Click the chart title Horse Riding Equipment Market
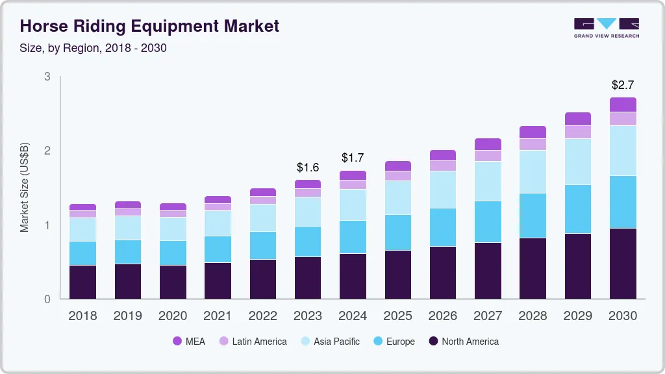149,26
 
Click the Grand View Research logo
606,28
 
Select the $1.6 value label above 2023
307,167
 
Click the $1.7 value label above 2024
353,158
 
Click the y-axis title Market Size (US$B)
25,187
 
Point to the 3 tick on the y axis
47,77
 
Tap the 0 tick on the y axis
47,299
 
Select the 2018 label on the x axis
82,316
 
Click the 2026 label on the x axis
443,316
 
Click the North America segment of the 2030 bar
623,264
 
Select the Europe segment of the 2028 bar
533,216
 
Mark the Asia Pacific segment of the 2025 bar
397,197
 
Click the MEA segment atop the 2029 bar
578,119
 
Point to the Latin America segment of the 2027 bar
488,156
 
